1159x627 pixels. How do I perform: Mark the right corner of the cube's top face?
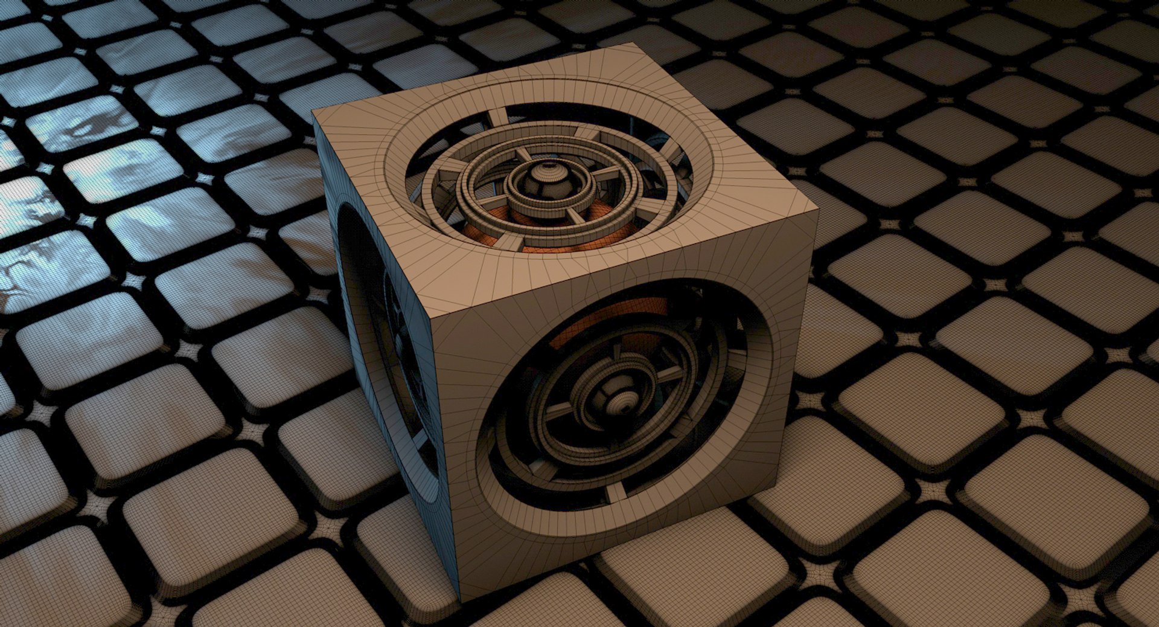(819, 205)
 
